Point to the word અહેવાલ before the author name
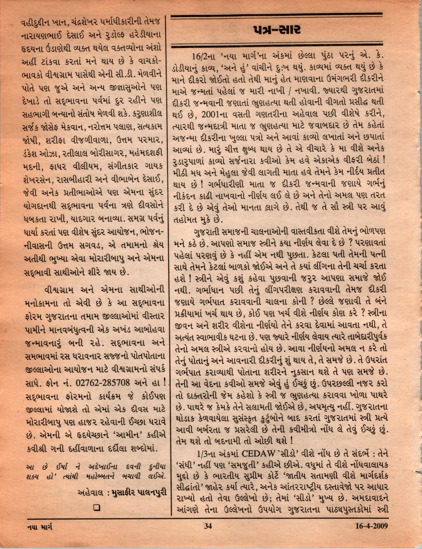(x=92, y=492)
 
